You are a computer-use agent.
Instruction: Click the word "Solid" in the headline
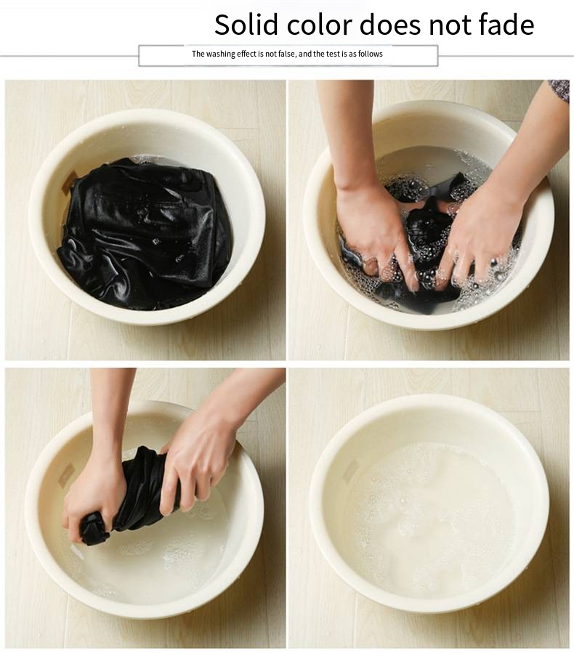[x=246, y=25]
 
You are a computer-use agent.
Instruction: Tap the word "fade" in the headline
[x=506, y=25]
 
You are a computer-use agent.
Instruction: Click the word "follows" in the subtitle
[x=371, y=54]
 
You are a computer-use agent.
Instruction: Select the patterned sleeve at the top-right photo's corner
[x=559, y=90]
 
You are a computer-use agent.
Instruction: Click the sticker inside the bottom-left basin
[x=66, y=474]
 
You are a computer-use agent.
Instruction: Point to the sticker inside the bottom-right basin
[x=351, y=471]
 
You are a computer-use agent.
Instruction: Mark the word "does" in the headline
[x=390, y=25]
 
